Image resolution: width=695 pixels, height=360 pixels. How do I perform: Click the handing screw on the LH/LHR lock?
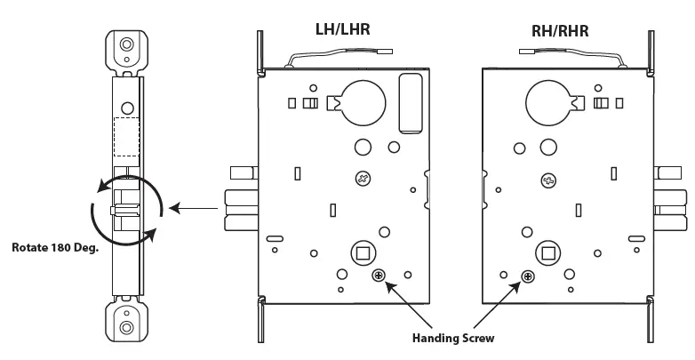(379, 276)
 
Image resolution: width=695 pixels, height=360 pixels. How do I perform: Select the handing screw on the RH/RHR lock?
(528, 277)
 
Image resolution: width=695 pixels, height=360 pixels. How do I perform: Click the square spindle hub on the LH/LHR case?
(363, 253)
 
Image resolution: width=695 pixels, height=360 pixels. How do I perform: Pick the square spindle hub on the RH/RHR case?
(545, 253)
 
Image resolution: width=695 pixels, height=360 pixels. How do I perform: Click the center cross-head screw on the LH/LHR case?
(363, 179)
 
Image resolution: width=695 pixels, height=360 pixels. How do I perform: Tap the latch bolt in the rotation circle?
(124, 212)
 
